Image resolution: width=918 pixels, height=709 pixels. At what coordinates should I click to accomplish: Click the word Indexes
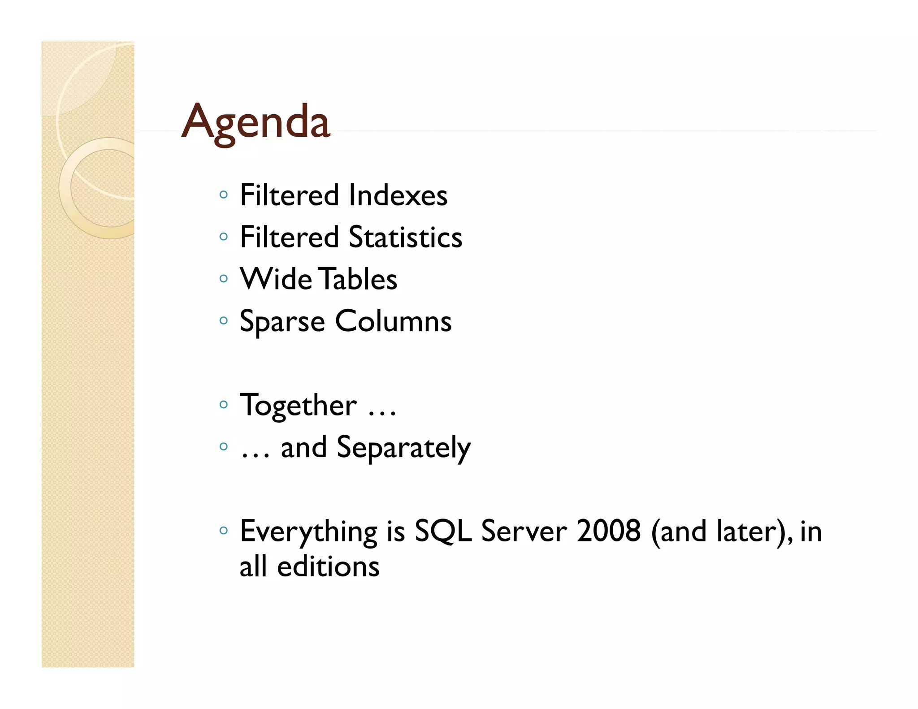(x=398, y=195)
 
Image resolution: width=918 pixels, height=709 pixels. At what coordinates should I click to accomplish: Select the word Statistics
(x=405, y=237)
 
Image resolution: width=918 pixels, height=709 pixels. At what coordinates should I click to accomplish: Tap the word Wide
(x=276, y=279)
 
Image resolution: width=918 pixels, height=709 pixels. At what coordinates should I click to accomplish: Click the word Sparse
(x=282, y=322)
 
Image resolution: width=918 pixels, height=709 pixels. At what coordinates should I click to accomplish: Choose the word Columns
(x=393, y=321)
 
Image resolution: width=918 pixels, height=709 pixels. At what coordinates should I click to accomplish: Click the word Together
(x=298, y=405)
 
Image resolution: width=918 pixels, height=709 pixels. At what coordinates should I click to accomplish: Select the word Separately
(x=403, y=448)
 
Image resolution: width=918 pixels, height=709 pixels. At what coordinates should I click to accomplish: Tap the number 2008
(x=609, y=531)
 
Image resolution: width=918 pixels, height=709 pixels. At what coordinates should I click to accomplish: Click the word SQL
(x=443, y=532)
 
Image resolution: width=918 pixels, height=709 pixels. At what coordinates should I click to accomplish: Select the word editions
(x=328, y=566)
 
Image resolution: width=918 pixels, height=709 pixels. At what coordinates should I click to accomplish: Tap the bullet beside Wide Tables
(x=224, y=279)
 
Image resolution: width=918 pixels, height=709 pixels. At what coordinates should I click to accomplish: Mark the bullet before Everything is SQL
(x=224, y=531)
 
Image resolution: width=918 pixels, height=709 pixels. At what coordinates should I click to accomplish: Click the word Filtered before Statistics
(x=289, y=237)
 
